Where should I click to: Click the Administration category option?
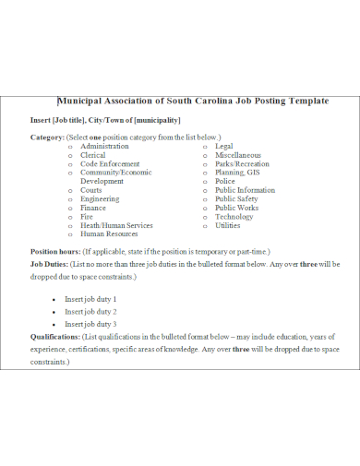point(104,146)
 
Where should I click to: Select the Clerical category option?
point(93,155)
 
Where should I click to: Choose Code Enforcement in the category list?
point(110,163)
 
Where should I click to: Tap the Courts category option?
point(91,190)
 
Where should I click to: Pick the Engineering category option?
point(100,198)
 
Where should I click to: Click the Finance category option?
point(93,208)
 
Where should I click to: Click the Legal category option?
point(224,146)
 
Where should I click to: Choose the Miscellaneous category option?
point(238,155)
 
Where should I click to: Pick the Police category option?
point(225,181)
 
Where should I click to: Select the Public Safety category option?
point(236,198)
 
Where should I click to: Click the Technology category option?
point(234,216)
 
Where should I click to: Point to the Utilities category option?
point(228,225)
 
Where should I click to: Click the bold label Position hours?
point(55,251)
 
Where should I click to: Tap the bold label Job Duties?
point(51,264)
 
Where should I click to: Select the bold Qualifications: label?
point(54,337)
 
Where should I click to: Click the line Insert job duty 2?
point(90,312)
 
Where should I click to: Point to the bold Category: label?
point(47,137)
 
